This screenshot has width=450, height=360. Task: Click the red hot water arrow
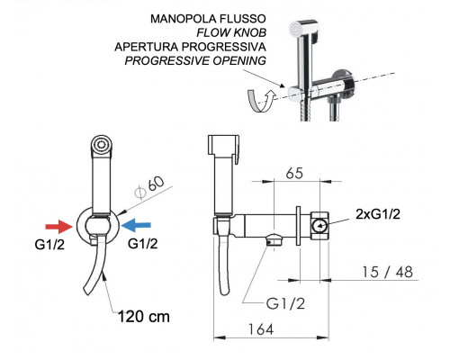pos(58,226)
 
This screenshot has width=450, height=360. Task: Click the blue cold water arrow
pos(137,225)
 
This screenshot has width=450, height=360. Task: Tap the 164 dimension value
pos(261,329)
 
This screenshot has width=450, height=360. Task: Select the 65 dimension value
pos(294,174)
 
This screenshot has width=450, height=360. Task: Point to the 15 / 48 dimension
pos(388,272)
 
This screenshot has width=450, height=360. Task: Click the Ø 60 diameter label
pos(149,187)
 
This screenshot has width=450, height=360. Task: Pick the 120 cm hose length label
pos(144,317)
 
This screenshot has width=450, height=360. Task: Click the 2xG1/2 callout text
pos(378,214)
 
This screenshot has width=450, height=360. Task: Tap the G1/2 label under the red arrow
pos(49,245)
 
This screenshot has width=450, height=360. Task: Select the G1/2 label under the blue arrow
pos(142,244)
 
